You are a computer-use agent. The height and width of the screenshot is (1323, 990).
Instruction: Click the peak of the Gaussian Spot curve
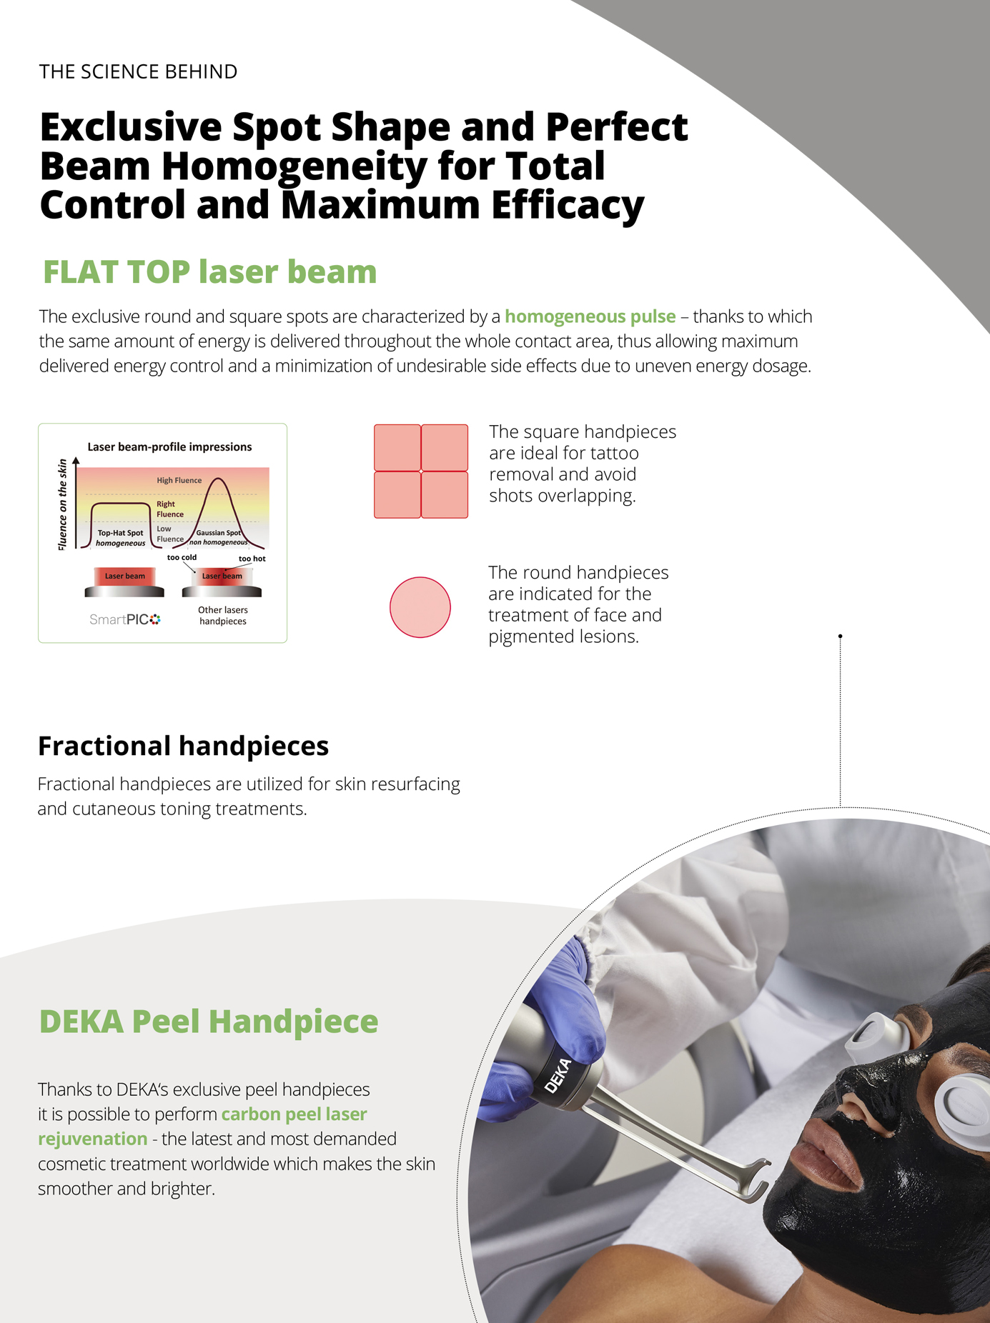pos(219,478)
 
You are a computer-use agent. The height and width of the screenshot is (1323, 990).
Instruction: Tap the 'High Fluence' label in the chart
pos(179,481)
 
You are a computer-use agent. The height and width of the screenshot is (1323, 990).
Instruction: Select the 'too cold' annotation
pos(182,557)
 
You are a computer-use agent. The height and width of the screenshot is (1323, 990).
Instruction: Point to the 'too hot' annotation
pos(252,559)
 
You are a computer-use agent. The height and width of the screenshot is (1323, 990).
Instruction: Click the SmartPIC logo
pos(125,619)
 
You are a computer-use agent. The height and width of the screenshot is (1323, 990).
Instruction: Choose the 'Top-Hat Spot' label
pos(120,533)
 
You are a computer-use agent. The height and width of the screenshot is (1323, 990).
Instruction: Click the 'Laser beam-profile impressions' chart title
pos(169,447)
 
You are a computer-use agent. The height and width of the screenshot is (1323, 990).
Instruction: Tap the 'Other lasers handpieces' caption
pos(223,616)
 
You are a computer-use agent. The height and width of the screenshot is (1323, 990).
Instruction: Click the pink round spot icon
pos(420,607)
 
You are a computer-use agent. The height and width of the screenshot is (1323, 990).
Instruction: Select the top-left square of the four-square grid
pos(397,447)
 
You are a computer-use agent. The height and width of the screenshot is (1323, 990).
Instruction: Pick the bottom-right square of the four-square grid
pos(445,494)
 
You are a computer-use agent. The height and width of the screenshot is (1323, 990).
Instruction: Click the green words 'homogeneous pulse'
pos(590,316)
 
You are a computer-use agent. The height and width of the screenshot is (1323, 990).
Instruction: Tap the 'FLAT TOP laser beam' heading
pos(209,272)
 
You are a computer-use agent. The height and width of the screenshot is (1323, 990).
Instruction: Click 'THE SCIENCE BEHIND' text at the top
pos(138,71)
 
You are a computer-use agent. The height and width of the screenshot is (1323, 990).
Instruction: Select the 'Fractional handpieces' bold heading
pos(183,746)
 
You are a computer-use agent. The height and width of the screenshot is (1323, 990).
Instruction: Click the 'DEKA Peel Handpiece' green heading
pos(208,1022)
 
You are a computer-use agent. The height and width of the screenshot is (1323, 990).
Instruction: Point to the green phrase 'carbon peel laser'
pos(294,1114)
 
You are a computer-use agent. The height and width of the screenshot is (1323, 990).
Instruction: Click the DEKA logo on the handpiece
pos(558,1076)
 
